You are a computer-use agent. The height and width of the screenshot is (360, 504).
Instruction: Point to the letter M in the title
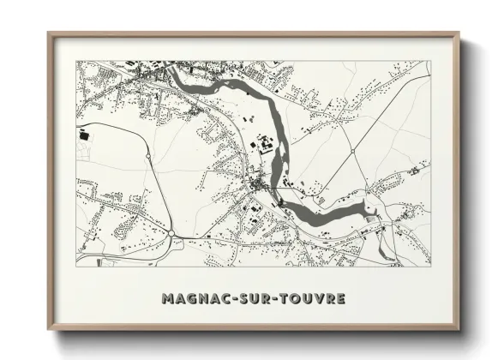pyautogui.click(x=167, y=299)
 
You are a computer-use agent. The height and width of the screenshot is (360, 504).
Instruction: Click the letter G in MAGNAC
pyautogui.click(x=191, y=299)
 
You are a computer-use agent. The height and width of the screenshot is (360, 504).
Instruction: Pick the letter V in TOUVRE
pyautogui.click(x=318, y=299)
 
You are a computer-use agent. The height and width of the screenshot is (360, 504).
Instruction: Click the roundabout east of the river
pyautogui.click(x=352, y=151)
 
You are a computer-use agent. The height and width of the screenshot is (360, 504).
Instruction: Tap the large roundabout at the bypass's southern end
pyautogui.click(x=171, y=232)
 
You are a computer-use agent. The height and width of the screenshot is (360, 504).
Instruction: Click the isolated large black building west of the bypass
pyautogui.click(x=84, y=135)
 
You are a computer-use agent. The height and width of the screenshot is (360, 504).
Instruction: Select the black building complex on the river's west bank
pyautogui.click(x=267, y=145)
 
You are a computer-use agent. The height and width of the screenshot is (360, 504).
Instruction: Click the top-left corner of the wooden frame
pyautogui.click(x=49, y=33)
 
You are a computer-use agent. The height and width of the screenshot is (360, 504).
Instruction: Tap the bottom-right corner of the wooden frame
pyautogui.click(x=459, y=329)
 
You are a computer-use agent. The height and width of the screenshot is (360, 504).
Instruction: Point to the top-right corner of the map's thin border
pyautogui.click(x=430, y=61)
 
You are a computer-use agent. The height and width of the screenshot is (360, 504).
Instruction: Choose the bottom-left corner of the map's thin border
pyautogui.click(x=75, y=266)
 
